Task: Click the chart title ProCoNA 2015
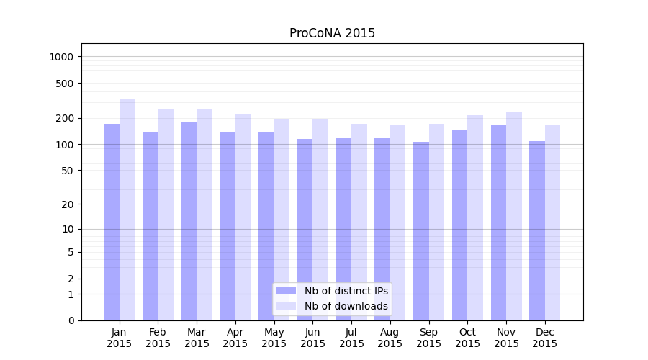click(332, 33)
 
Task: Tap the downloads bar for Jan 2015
click(127, 210)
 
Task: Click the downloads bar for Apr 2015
click(243, 217)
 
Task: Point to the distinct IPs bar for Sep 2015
click(421, 231)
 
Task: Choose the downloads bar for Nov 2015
click(514, 216)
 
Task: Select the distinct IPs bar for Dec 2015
click(537, 230)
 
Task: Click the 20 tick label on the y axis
click(68, 204)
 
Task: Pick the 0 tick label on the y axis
click(71, 320)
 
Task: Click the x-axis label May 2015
click(274, 338)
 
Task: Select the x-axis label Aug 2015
click(390, 338)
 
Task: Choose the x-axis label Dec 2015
click(545, 338)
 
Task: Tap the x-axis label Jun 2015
click(312, 338)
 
